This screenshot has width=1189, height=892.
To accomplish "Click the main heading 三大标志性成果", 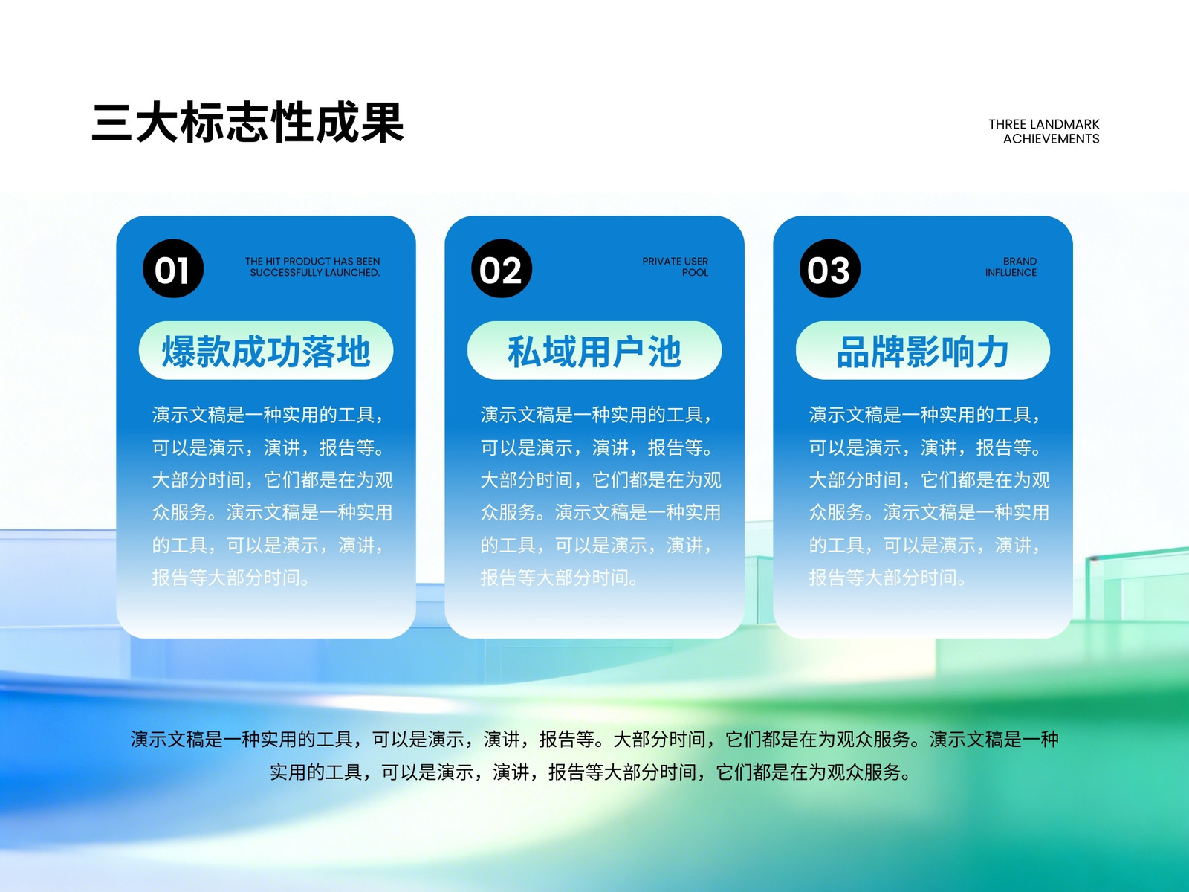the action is pyautogui.click(x=247, y=123).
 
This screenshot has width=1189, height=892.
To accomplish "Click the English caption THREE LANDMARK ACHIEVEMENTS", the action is pyautogui.click(x=1044, y=132).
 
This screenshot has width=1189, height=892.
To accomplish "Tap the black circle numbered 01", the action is pyautogui.click(x=173, y=268).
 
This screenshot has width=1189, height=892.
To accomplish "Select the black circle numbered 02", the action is pyautogui.click(x=502, y=268).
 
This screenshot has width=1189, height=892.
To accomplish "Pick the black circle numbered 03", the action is pyautogui.click(x=830, y=268).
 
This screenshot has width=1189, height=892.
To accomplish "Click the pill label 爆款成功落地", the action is pyautogui.click(x=266, y=351).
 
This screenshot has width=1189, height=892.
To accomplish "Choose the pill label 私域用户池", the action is pyautogui.click(x=594, y=351).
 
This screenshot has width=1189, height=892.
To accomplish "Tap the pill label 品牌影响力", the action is pyautogui.click(x=922, y=351).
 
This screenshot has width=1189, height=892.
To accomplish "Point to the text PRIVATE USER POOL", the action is pyautogui.click(x=675, y=267).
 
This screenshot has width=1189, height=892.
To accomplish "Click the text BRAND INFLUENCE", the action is pyautogui.click(x=1011, y=267).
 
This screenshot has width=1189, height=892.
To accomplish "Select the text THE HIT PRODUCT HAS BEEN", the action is pyautogui.click(x=313, y=261).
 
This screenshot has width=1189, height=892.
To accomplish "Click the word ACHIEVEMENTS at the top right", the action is pyautogui.click(x=1051, y=139).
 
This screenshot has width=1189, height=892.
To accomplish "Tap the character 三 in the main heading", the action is pyautogui.click(x=112, y=123).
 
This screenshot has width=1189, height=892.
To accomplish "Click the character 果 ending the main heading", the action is pyautogui.click(x=383, y=123).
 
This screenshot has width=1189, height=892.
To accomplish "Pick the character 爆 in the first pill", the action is pyautogui.click(x=179, y=352).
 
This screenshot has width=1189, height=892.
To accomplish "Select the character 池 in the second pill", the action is pyautogui.click(x=664, y=352).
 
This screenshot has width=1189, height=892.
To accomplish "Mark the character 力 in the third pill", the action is pyautogui.click(x=992, y=352).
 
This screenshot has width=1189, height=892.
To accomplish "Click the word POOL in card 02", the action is pyautogui.click(x=695, y=272).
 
